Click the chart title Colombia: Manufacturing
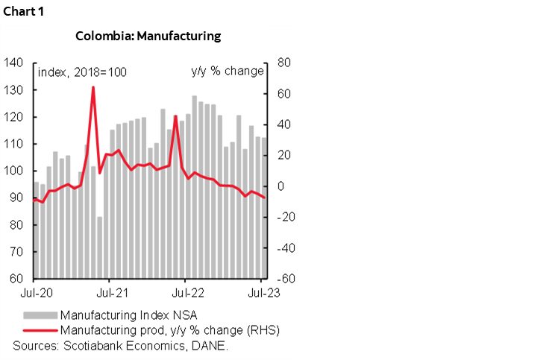click(148, 36)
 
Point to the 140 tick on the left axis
click(14, 63)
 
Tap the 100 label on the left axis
click(14, 171)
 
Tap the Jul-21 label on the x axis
click(110, 293)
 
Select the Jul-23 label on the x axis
click(263, 293)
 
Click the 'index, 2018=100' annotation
click(82, 72)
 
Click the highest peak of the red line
click(93, 87)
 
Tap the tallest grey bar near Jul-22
click(195, 186)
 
